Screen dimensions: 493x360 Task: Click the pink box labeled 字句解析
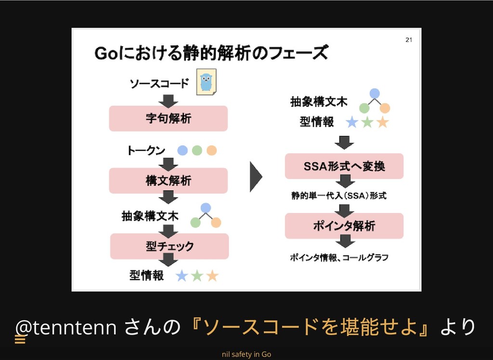click(x=168, y=118)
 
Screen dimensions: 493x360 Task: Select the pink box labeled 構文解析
click(x=168, y=181)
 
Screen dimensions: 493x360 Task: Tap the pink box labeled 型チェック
click(x=169, y=246)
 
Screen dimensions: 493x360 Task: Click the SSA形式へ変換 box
click(x=344, y=166)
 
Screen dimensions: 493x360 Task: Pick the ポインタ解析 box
click(x=344, y=226)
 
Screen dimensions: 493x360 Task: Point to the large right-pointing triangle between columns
click(x=256, y=178)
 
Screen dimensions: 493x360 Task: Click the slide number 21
click(x=408, y=40)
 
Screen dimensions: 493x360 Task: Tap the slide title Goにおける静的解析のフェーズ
click(x=211, y=53)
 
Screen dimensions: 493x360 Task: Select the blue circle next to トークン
click(x=182, y=150)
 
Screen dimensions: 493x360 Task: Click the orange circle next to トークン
click(x=211, y=150)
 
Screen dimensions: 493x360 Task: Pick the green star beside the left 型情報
click(x=197, y=276)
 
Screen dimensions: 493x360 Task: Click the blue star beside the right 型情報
click(x=352, y=122)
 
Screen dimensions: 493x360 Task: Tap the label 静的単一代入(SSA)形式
click(x=338, y=196)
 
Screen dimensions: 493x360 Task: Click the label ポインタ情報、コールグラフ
click(x=339, y=257)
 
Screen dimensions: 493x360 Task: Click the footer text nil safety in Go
click(x=246, y=354)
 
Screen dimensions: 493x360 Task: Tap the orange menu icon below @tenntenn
click(x=20, y=340)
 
